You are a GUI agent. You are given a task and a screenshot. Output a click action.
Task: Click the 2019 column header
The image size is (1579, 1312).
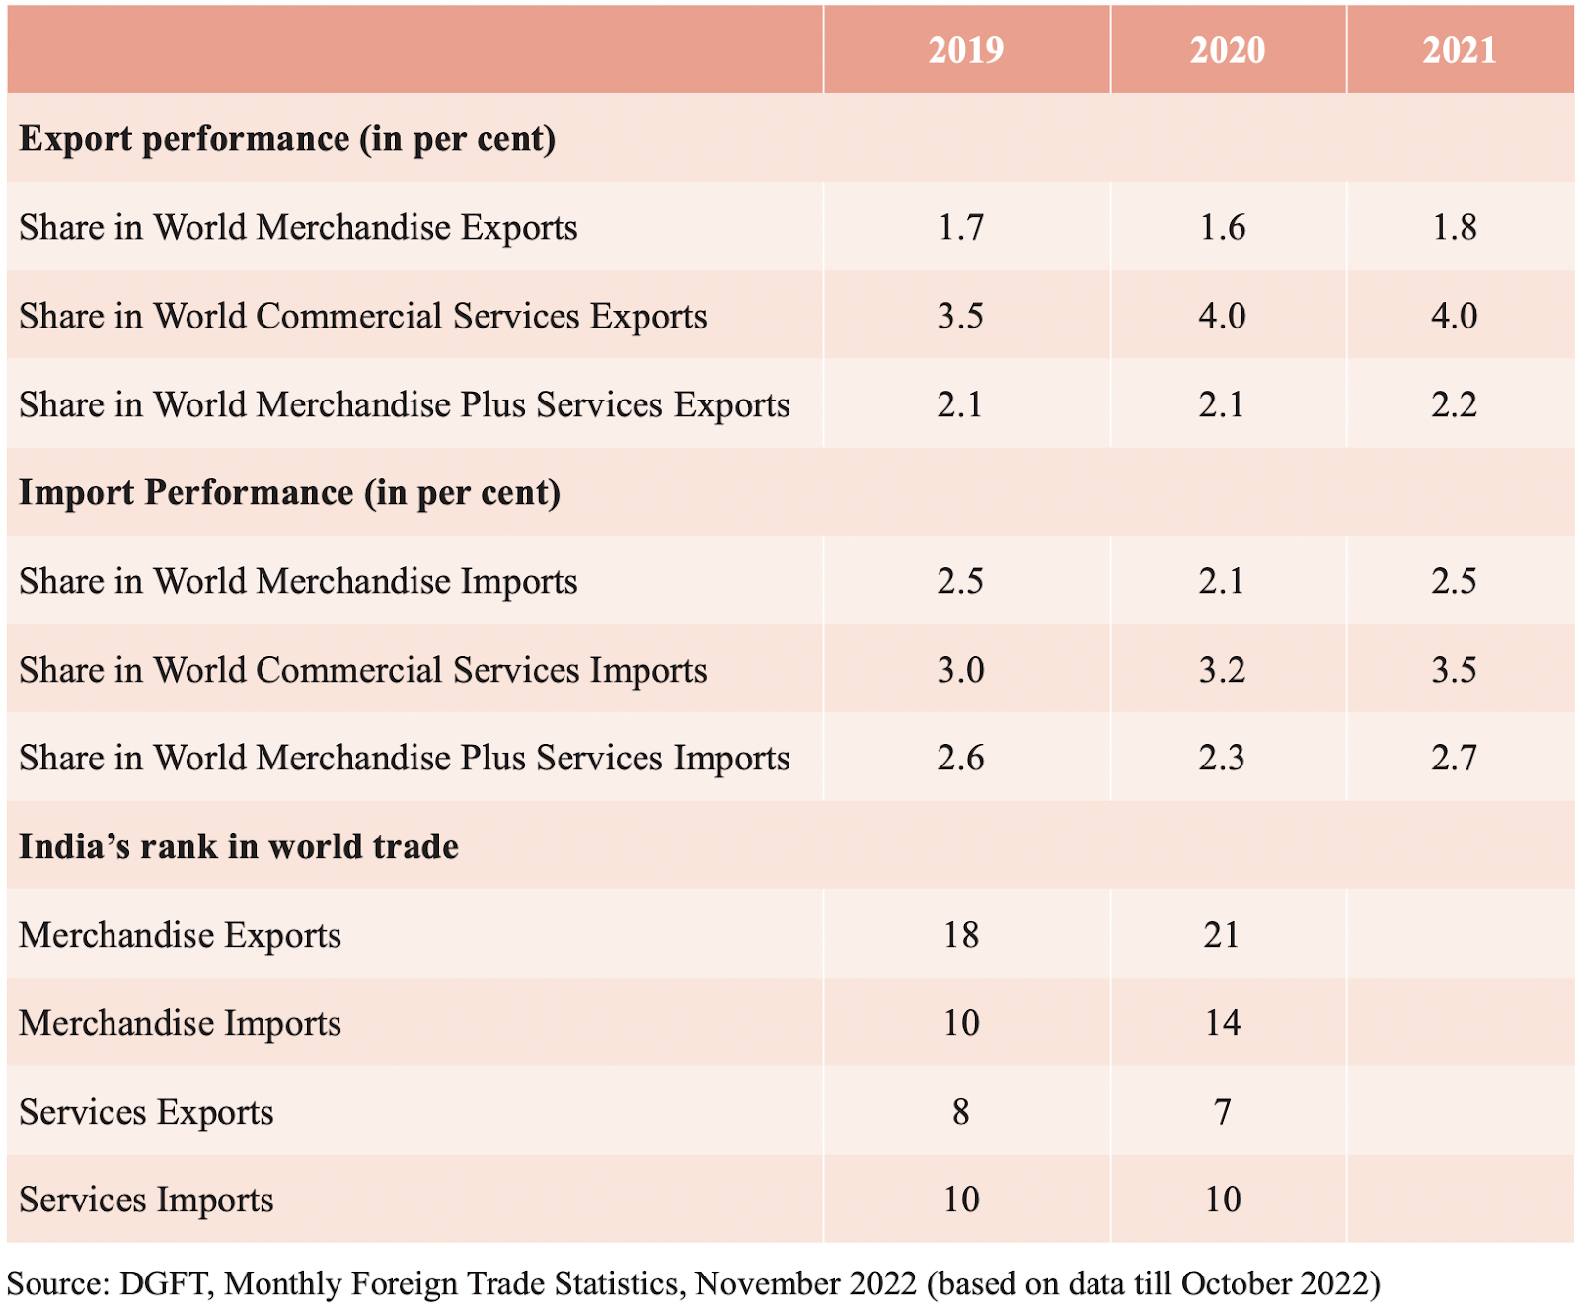(965, 50)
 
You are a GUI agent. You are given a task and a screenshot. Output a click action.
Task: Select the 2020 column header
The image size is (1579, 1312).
(1227, 50)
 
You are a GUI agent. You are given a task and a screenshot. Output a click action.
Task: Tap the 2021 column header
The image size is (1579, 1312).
(1459, 50)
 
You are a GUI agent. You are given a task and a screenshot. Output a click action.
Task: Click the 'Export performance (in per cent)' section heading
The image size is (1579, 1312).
(287, 139)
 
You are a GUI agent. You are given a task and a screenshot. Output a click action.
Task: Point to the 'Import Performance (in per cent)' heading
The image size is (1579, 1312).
(289, 492)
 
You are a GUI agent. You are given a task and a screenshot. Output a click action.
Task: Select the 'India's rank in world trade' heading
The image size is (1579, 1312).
(239, 846)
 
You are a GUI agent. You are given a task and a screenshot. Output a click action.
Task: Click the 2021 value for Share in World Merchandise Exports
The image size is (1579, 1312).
(1455, 227)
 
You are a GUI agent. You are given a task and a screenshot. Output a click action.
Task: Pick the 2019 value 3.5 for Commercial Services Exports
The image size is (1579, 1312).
(960, 316)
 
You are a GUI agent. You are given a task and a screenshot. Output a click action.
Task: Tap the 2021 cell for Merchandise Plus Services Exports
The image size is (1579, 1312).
(1454, 404)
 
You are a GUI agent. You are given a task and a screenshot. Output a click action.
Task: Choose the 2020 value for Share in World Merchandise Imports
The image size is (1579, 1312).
(1222, 581)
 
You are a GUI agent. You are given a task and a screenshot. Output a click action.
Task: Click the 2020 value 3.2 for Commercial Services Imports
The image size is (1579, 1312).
(1222, 670)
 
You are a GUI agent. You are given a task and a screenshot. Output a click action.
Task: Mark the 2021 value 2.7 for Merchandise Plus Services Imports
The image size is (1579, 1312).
(1454, 758)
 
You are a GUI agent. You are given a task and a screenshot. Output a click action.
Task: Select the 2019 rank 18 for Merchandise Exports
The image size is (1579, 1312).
(961, 934)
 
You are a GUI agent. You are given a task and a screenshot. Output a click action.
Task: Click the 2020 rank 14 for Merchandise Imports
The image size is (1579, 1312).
(1222, 1023)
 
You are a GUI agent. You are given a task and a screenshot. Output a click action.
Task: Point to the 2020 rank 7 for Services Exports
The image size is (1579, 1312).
(1223, 1112)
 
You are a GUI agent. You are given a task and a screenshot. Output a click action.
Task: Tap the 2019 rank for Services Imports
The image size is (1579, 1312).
(961, 1200)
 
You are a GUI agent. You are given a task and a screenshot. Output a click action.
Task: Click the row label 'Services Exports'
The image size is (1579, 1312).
(146, 1112)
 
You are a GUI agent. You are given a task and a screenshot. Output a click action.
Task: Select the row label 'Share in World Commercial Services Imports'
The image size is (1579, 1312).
(363, 670)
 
